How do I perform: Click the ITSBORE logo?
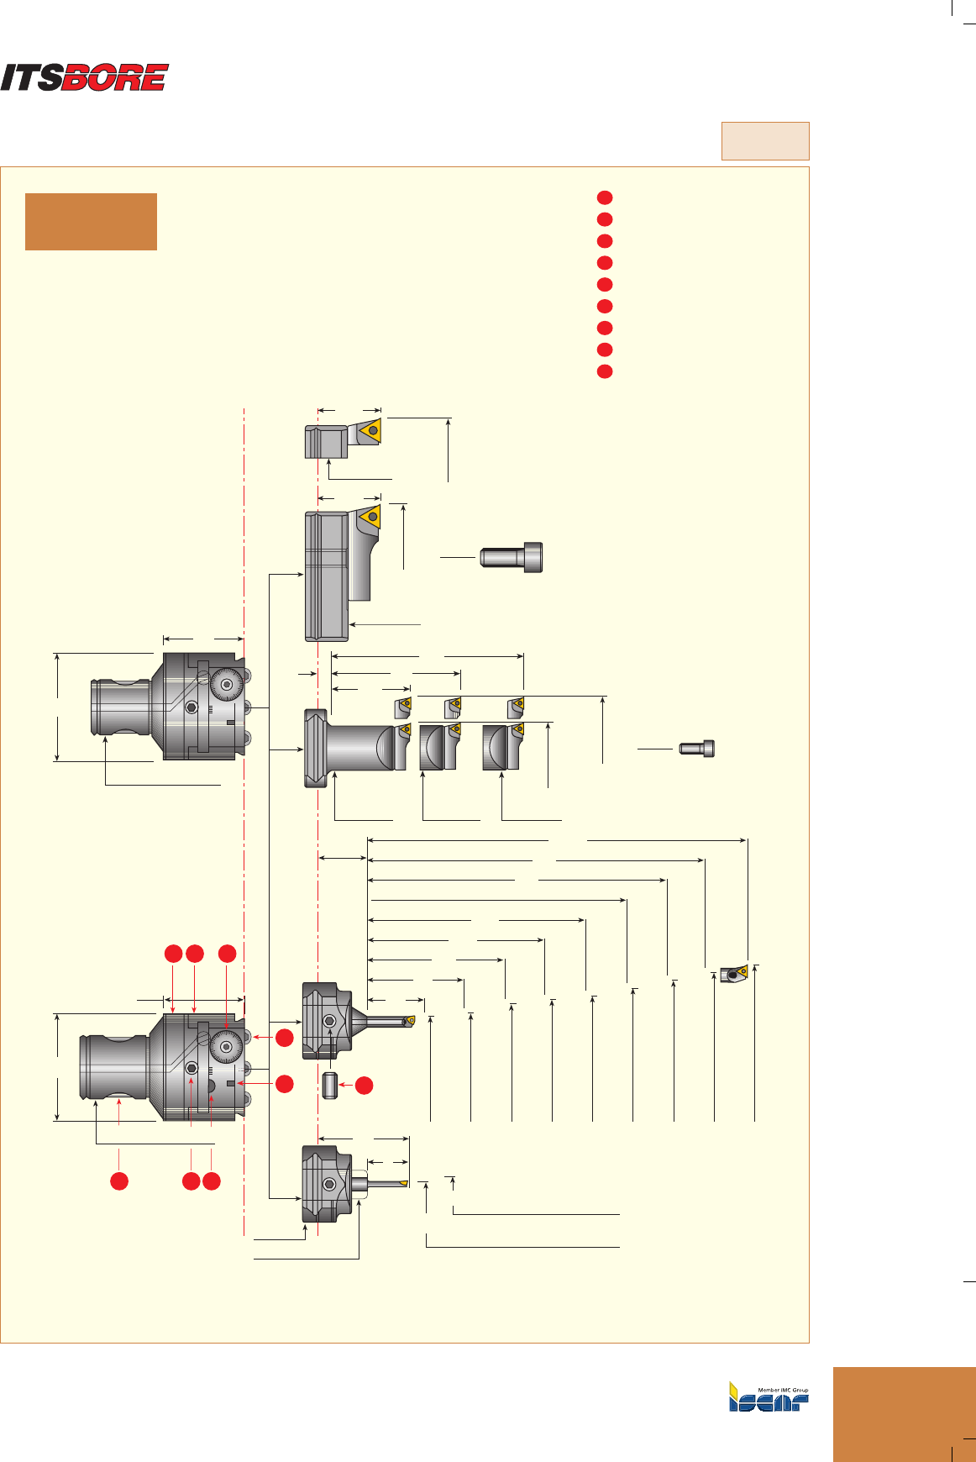pos(84,77)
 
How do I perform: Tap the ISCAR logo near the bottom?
pos(769,1396)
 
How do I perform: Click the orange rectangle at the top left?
pos(91,222)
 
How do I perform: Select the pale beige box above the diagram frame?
pos(764,140)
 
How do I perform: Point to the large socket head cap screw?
pos(512,557)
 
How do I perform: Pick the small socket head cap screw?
pos(697,748)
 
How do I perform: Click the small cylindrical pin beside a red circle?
pos(330,1086)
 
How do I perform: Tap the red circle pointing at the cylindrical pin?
pos(364,1086)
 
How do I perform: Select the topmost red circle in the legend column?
pos(605,197)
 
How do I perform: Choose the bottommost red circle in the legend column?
pos(605,371)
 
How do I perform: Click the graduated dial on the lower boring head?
pos(227,1045)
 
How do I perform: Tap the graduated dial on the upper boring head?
pos(226,685)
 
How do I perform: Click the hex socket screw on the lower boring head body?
pos(192,1068)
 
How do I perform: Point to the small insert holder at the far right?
pos(733,974)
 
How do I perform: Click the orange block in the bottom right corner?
pos(904,1414)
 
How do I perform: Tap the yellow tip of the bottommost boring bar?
pos(404,1183)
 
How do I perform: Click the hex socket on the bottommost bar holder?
pos(329,1184)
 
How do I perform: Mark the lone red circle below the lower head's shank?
pos(119,1181)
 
